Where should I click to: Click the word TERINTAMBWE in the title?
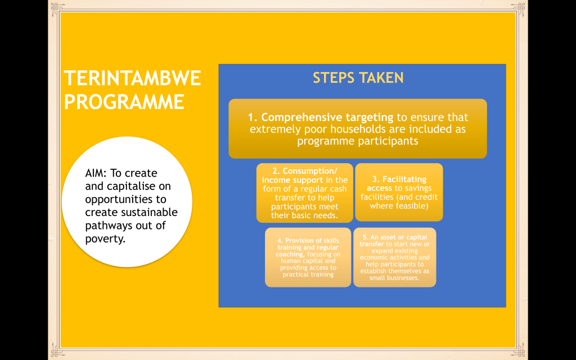[x=132, y=78]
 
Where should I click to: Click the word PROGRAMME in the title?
[x=124, y=102]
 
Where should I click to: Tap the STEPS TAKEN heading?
[x=358, y=78]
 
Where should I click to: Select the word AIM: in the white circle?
[x=96, y=173]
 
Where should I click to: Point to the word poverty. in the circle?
[x=105, y=239]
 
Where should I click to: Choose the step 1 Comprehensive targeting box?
[x=358, y=129]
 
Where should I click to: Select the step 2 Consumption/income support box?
[x=305, y=193]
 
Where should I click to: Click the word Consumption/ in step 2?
[x=310, y=172]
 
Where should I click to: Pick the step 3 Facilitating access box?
[x=399, y=192]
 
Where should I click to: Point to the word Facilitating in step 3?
[x=404, y=179]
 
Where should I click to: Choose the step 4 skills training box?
[x=308, y=258]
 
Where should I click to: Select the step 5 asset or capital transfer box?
[x=395, y=257]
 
